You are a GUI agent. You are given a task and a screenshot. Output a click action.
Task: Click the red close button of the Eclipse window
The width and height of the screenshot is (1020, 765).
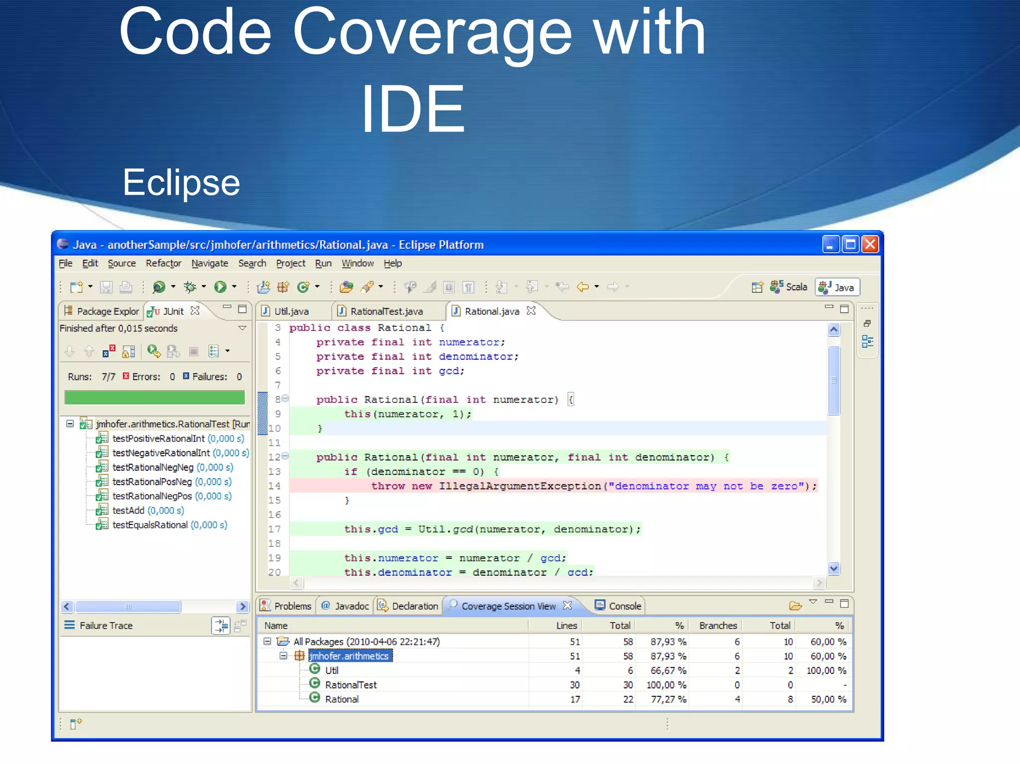tap(870, 245)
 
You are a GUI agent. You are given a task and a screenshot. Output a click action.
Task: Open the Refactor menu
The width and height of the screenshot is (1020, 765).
tap(163, 263)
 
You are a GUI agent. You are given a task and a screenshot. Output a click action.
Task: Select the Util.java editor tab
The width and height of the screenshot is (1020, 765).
tap(291, 311)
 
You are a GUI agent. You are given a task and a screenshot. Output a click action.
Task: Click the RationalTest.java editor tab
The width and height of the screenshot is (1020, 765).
tap(386, 311)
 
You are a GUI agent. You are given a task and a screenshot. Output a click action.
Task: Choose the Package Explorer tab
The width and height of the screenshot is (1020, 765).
tap(107, 311)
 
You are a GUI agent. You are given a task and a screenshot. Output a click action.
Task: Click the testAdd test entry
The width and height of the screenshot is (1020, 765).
tap(128, 510)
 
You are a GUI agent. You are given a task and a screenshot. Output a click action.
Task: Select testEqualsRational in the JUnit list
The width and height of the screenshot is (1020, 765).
tap(150, 525)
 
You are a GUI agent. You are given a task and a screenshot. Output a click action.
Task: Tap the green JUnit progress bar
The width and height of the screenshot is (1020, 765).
tap(154, 397)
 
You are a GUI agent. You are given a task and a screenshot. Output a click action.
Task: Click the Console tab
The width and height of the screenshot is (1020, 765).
tap(625, 606)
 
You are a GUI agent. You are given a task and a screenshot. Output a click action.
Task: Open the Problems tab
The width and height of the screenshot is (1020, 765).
tap(292, 606)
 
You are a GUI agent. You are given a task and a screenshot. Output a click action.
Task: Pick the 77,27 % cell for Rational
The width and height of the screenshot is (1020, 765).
tap(668, 699)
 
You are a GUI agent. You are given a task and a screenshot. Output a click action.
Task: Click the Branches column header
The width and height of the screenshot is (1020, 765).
tap(718, 626)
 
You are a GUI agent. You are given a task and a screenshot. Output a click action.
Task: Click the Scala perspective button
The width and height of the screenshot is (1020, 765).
tap(796, 287)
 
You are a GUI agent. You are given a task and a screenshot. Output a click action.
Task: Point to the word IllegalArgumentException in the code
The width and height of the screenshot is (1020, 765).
tap(519, 486)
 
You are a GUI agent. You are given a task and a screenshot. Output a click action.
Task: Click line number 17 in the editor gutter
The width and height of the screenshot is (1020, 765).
tap(274, 529)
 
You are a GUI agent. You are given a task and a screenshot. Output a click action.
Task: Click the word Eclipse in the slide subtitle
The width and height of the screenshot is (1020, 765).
tap(181, 182)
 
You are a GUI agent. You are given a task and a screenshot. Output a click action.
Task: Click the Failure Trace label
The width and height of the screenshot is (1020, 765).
tap(106, 626)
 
